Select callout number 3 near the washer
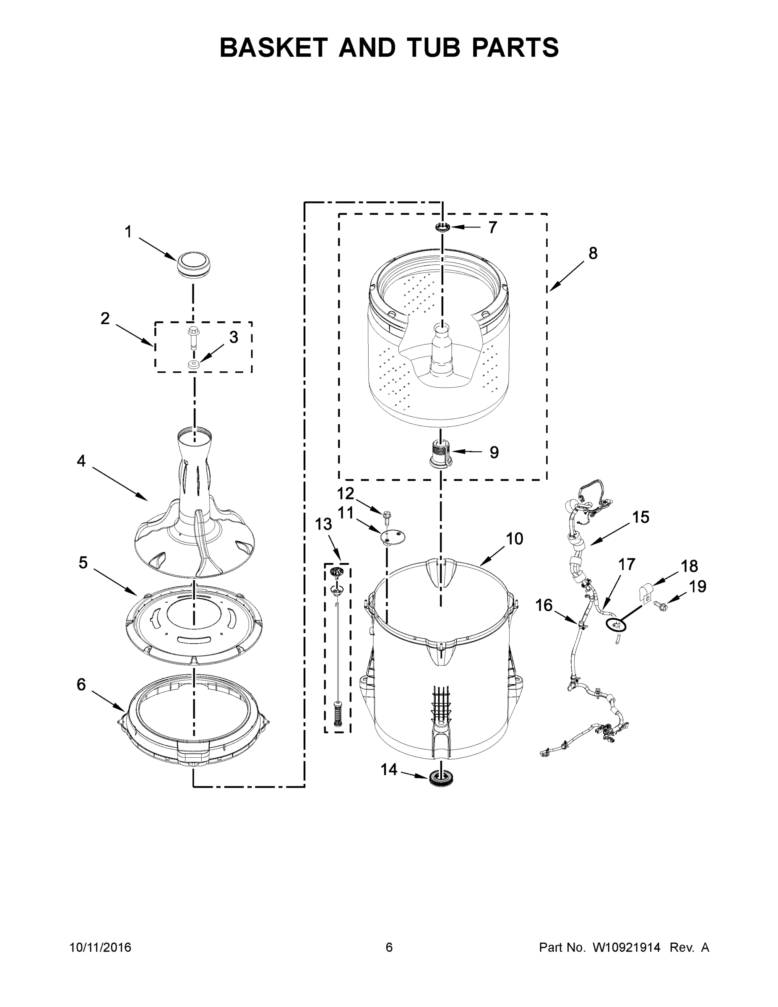pos(234,337)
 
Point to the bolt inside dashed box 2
pos(193,338)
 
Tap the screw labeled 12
pos(386,514)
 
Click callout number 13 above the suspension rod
pos(323,524)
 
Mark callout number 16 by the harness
pos(544,605)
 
